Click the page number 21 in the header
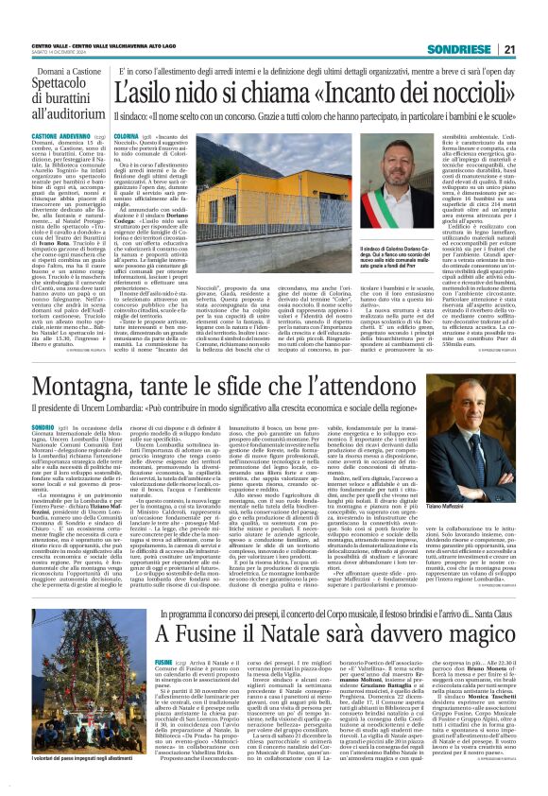click(x=533, y=21)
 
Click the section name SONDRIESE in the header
click(x=484, y=21)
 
